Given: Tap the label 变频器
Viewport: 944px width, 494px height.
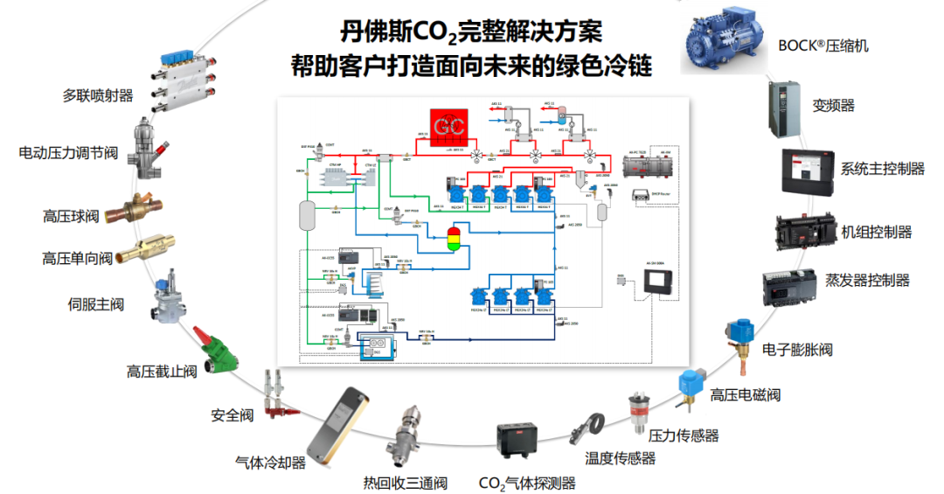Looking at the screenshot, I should click(833, 106).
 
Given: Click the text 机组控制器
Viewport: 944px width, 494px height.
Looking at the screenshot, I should click(876, 232).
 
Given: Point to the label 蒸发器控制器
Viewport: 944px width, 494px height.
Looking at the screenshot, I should click(867, 281).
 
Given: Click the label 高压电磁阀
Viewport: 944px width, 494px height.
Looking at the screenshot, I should click(745, 394).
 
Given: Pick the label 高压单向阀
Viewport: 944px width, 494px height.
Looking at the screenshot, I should click(78, 258).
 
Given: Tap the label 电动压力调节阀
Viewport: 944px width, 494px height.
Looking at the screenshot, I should click(68, 153).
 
